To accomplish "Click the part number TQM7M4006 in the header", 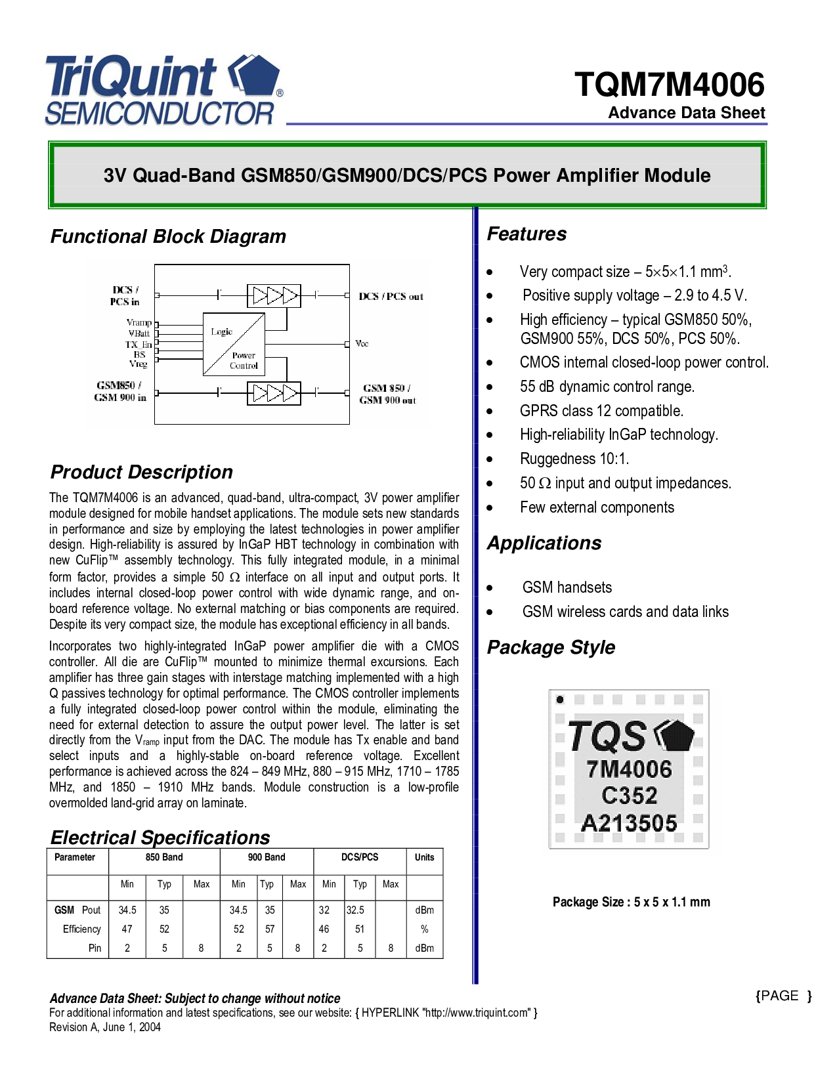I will [669, 85].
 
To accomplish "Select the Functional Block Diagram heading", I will [168, 236].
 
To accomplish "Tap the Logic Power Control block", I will [234, 344].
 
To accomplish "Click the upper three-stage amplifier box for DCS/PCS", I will [274, 295].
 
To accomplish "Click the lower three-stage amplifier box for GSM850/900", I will [274, 393].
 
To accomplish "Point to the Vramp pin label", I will [139, 322].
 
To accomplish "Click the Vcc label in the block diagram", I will [362, 343].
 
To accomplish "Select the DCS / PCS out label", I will [391, 297].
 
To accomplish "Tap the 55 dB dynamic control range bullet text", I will [607, 387].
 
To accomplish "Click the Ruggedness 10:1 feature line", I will [574, 459].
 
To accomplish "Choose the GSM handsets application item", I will [567, 587].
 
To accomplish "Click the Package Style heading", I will [551, 648].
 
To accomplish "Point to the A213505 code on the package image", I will [629, 822].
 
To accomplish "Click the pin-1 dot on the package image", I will [560, 700].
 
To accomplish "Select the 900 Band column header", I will [267, 857].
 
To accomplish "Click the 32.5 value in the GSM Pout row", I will [355, 910].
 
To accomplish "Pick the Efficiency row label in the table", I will [82, 929].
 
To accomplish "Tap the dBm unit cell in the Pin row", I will [425, 948].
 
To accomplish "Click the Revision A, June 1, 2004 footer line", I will [105, 1027].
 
